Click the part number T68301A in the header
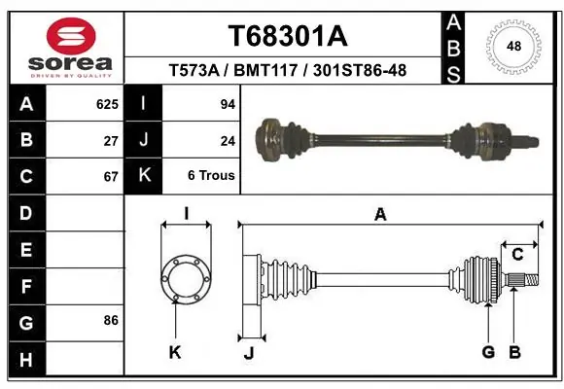tap(287, 36)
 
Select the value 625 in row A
tap(106, 104)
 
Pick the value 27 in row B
tap(110, 140)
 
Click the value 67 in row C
tap(110, 177)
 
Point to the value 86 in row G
tap(110, 320)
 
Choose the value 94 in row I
tap(228, 104)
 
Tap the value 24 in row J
tap(228, 140)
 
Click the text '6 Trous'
tap(211, 177)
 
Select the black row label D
tap(25, 213)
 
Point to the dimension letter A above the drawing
tap(380, 215)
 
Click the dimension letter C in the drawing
tap(517, 255)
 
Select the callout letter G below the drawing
tap(488, 352)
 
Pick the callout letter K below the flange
tap(175, 352)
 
